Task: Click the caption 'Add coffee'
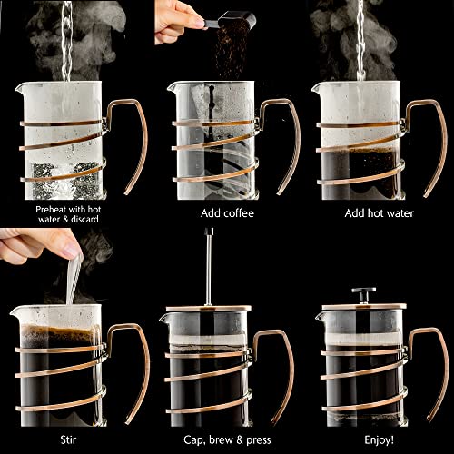click(x=226, y=213)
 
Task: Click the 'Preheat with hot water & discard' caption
click(x=72, y=213)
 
